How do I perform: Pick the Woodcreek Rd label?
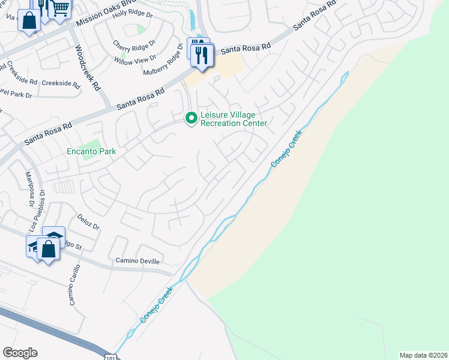(87, 67)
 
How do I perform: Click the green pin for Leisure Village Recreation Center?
(191, 118)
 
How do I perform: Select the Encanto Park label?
(91, 152)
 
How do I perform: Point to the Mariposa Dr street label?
(28, 186)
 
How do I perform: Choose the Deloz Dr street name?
(88, 223)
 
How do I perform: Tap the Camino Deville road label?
(139, 262)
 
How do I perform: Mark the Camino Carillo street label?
(74, 284)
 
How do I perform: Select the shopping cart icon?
(60, 9)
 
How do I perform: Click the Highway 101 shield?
(109, 356)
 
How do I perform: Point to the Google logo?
(20, 353)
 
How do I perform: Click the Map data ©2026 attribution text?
(424, 355)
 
